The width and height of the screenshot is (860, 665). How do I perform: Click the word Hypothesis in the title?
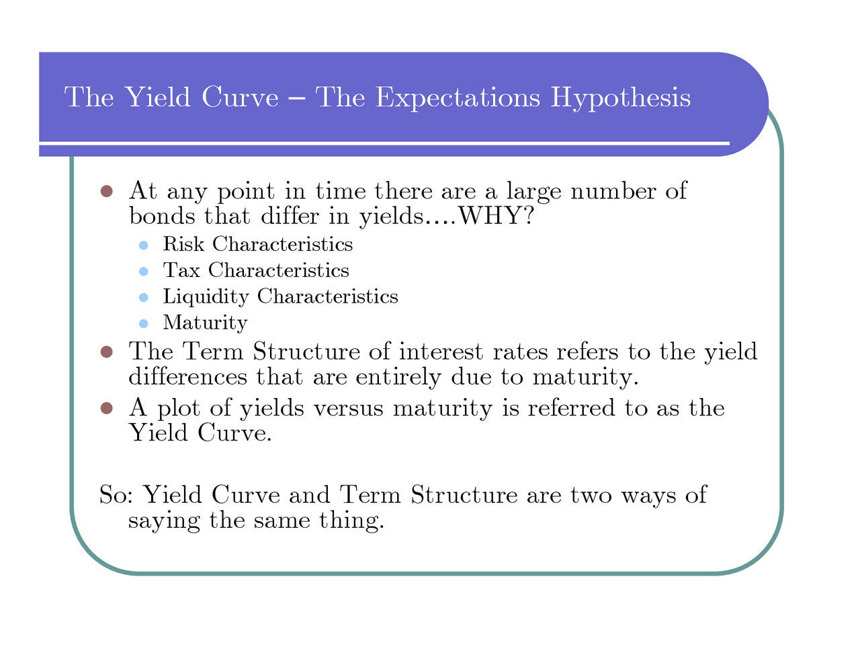pyautogui.click(x=620, y=98)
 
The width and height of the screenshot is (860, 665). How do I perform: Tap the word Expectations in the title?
pyautogui.click(x=457, y=98)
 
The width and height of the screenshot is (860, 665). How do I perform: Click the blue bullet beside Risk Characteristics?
pyautogui.click(x=143, y=245)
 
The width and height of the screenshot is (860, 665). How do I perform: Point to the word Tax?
pyautogui.click(x=181, y=270)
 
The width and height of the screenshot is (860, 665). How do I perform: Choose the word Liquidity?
pyautogui.click(x=206, y=297)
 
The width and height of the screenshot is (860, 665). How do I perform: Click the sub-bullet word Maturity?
pyautogui.click(x=205, y=323)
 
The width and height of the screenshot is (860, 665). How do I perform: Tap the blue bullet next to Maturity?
pyautogui.click(x=143, y=324)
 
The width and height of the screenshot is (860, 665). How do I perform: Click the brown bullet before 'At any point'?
pyautogui.click(x=106, y=191)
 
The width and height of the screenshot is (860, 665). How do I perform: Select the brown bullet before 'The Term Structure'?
pyautogui.click(x=106, y=352)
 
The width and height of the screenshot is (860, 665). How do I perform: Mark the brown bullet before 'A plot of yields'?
pyautogui.click(x=106, y=408)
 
